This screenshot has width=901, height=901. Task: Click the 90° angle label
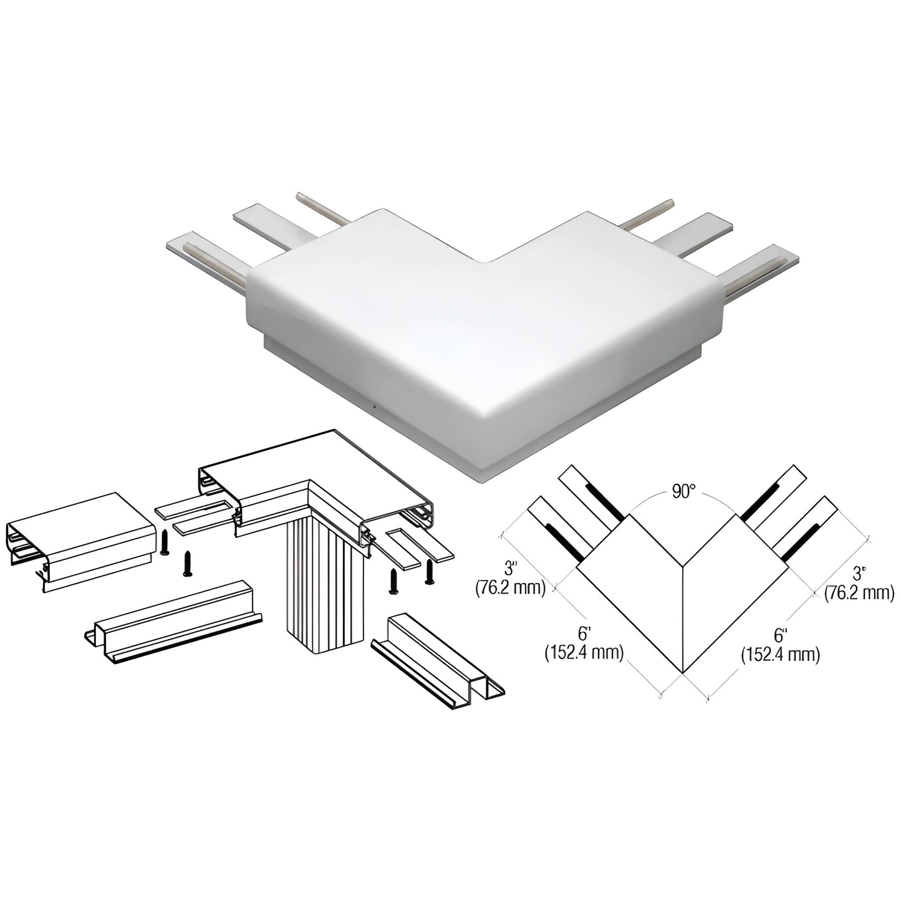[683, 492]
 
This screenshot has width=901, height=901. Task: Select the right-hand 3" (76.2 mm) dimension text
[859, 585]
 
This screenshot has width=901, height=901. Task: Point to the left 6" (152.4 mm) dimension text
[584, 643]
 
